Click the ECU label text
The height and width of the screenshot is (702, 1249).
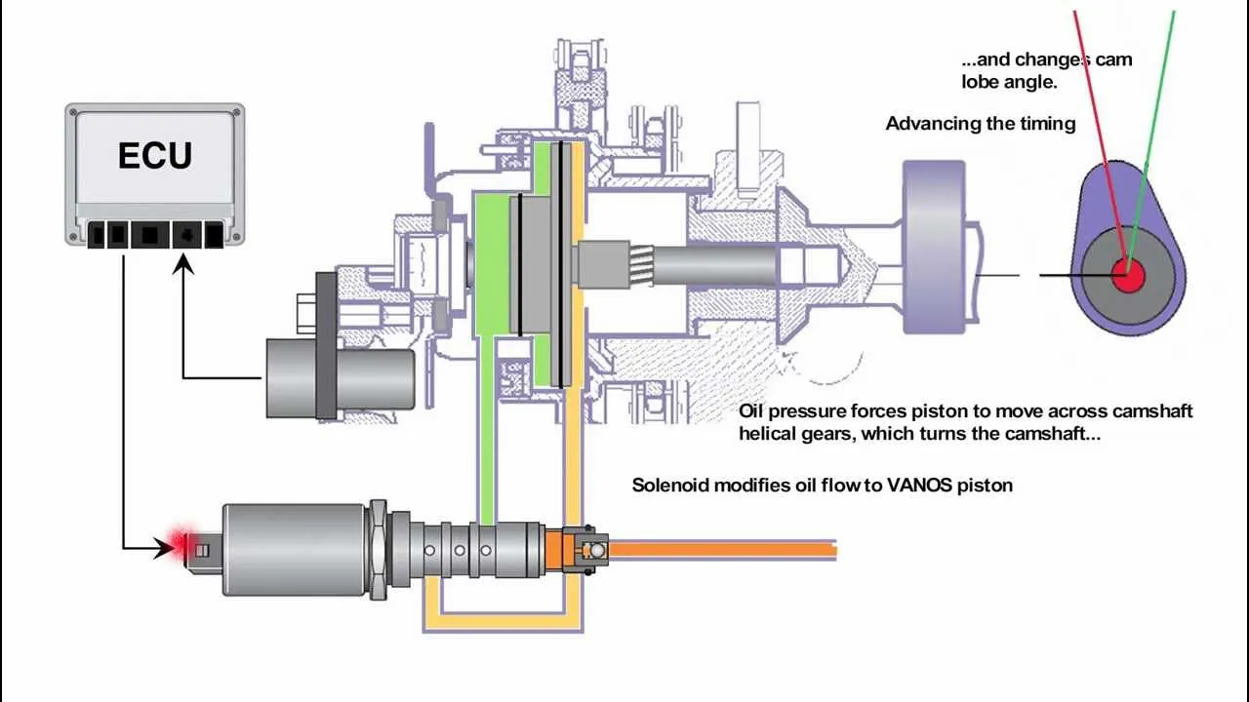pos(155,156)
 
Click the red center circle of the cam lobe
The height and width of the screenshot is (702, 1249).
pos(1128,275)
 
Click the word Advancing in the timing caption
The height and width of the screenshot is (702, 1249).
pos(928,124)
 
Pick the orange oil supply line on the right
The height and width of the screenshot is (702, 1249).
pos(722,548)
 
